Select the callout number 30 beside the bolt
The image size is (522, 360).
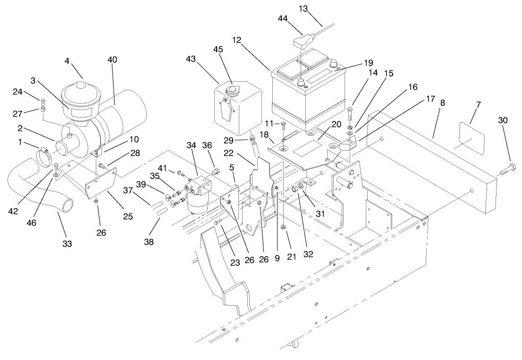pos(503,120)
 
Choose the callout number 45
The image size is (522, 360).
pos(218,49)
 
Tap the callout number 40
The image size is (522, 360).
pos(112,60)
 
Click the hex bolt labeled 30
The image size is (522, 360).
pos(508,168)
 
